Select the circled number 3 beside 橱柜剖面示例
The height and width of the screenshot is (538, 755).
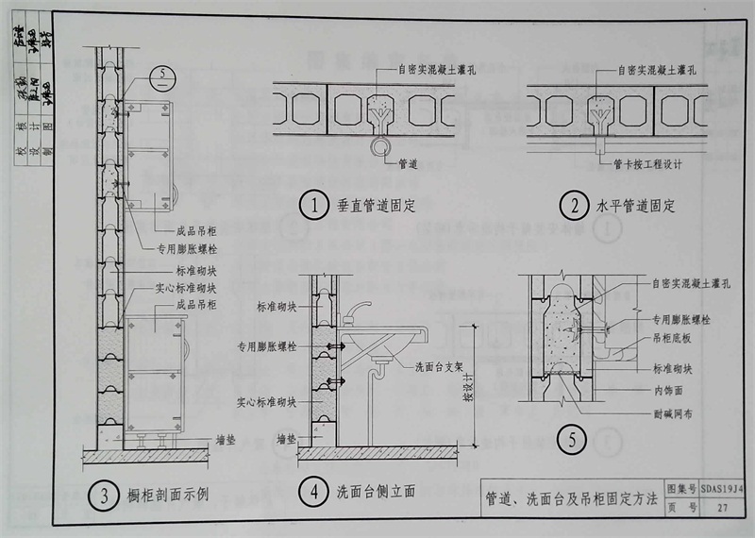pyautogui.click(x=99, y=493)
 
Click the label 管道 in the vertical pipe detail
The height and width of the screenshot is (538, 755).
pyautogui.click(x=408, y=163)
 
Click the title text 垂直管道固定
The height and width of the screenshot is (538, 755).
pyautogui.click(x=376, y=204)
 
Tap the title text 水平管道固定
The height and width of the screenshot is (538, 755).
pyautogui.click(x=636, y=204)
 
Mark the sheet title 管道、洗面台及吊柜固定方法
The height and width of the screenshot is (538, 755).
pyautogui.click(x=571, y=499)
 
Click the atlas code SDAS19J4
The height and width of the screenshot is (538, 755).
pyautogui.click(x=722, y=489)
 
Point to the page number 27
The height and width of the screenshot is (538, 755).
pyautogui.click(x=722, y=510)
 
